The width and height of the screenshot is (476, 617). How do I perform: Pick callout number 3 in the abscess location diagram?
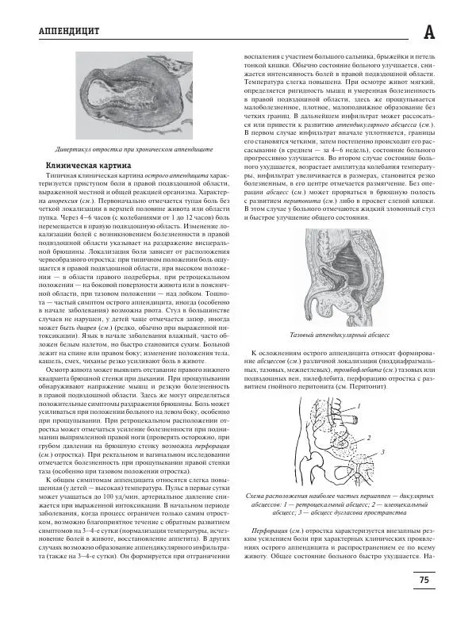coord(383,451)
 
